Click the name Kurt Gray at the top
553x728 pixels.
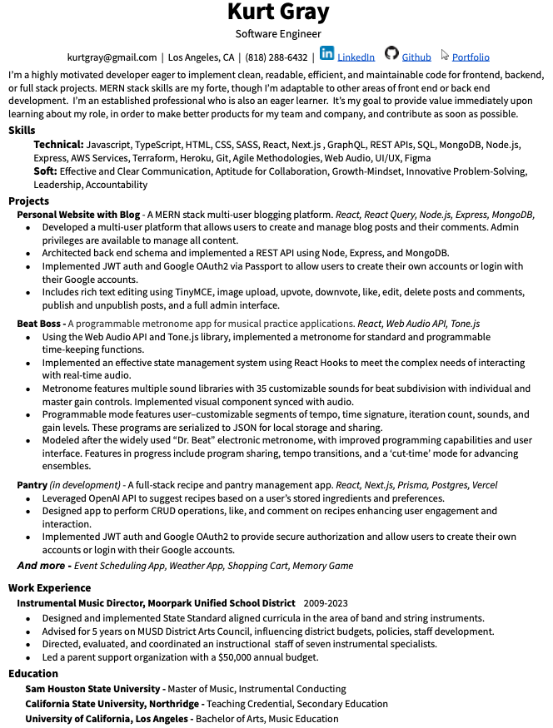278,13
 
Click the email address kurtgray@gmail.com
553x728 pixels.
112,57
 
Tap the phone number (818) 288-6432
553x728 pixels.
276,57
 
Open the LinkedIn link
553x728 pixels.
356,57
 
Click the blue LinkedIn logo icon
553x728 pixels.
327,54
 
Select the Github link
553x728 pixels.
416,57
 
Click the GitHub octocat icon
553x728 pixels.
391,54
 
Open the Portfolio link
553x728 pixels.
471,57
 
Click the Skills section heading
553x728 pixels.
22,131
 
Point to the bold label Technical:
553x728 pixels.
58,145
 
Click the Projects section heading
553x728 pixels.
28,201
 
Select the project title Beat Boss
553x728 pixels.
40,323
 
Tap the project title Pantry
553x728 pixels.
32,484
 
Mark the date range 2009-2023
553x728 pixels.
326,603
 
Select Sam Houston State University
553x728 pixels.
93,689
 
